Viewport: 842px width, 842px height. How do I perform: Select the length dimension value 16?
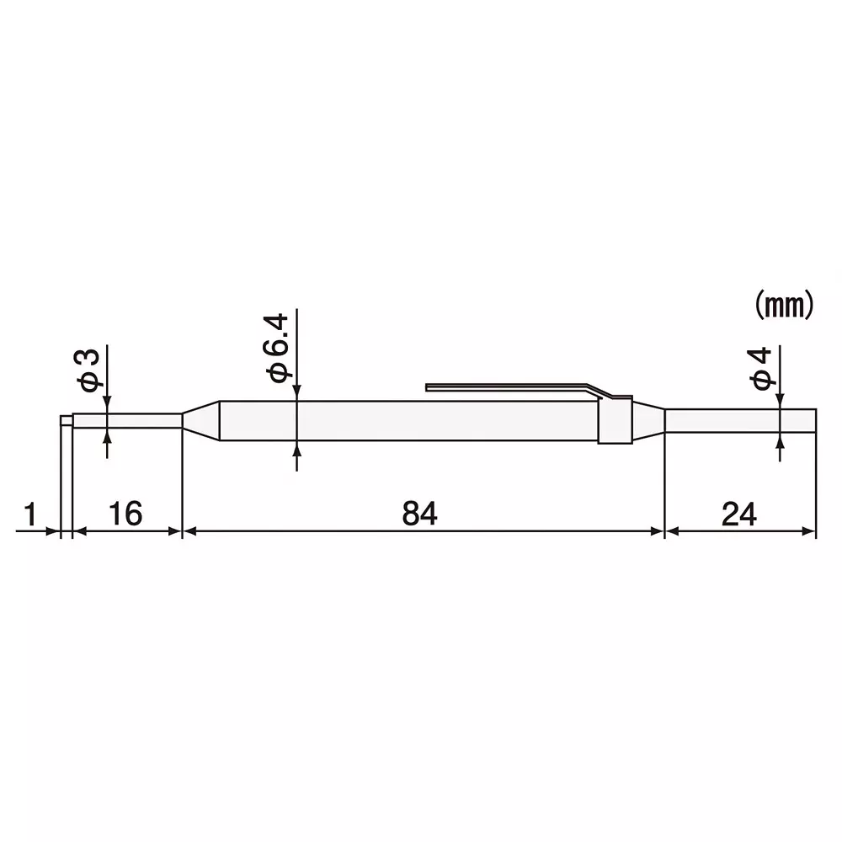125,513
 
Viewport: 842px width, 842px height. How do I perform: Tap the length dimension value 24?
740,513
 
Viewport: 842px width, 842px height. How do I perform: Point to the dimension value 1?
31,513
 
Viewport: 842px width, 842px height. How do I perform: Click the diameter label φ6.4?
277,347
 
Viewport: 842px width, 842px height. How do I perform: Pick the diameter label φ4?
762,368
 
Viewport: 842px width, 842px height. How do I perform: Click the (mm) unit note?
782,306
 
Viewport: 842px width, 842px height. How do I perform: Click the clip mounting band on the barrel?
615,420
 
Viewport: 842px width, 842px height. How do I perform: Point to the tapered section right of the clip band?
648,421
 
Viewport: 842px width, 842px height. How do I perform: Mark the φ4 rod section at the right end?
741,421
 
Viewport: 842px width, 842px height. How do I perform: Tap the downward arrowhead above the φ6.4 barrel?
296,393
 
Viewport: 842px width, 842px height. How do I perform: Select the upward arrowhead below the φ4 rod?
781,441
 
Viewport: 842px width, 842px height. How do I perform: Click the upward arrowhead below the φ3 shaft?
107,436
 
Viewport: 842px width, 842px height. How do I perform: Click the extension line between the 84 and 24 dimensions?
665,488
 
